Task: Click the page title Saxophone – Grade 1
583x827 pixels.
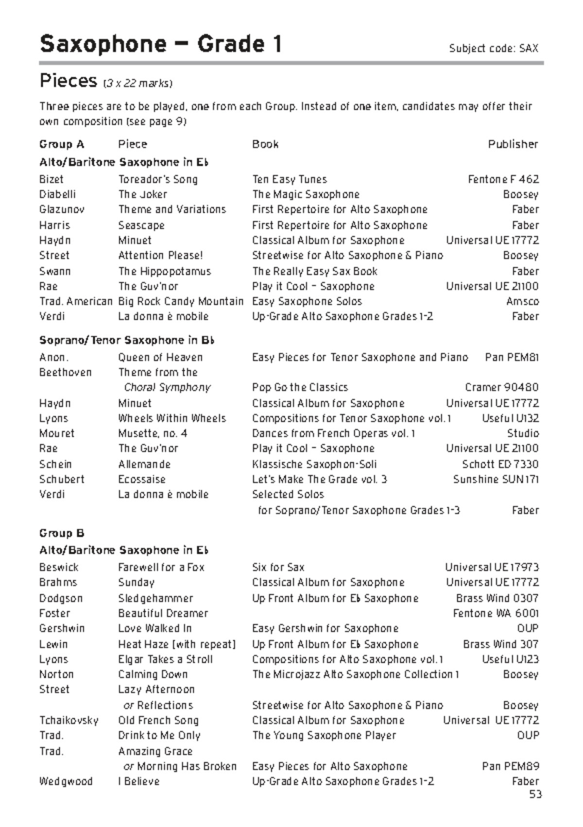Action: point(160,44)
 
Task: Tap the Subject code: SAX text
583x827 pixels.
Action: point(493,48)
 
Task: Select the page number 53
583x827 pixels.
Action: point(535,794)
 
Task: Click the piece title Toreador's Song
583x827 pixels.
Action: point(158,179)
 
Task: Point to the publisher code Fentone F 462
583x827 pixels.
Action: point(503,179)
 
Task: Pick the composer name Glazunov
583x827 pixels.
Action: point(62,209)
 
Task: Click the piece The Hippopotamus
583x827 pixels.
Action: point(164,271)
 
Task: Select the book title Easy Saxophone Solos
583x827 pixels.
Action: point(307,301)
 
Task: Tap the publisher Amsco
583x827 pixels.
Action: point(522,301)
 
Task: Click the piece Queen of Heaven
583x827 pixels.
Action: point(160,357)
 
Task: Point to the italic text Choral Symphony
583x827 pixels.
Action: point(167,387)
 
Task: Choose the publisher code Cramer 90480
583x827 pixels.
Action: point(501,387)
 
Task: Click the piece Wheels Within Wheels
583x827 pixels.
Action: point(172,418)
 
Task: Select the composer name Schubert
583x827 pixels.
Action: point(62,479)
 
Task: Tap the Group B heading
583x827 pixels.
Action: point(62,533)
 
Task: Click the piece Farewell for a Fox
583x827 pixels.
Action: point(161,567)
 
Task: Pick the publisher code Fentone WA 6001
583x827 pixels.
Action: point(496,613)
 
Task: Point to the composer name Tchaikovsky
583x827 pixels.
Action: point(69,720)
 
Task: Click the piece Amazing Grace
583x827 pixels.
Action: point(155,751)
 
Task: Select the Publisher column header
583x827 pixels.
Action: point(513,144)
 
